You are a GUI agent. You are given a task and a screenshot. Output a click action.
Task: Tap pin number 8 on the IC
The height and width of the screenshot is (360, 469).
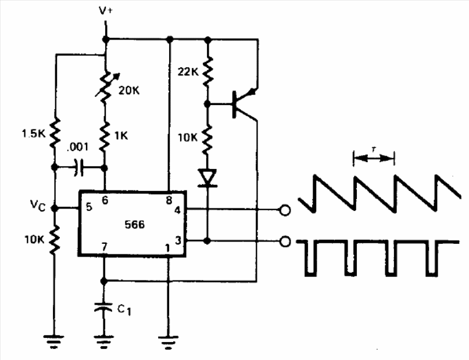(169, 199)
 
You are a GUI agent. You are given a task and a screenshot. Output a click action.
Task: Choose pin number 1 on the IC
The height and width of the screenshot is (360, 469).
(167, 249)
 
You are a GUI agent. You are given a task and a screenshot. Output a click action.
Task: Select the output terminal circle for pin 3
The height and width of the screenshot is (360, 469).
(285, 240)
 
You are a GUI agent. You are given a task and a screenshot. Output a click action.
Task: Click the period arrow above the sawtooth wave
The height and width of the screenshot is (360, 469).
(374, 156)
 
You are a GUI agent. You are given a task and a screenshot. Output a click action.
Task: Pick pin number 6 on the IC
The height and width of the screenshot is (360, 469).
(105, 199)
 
